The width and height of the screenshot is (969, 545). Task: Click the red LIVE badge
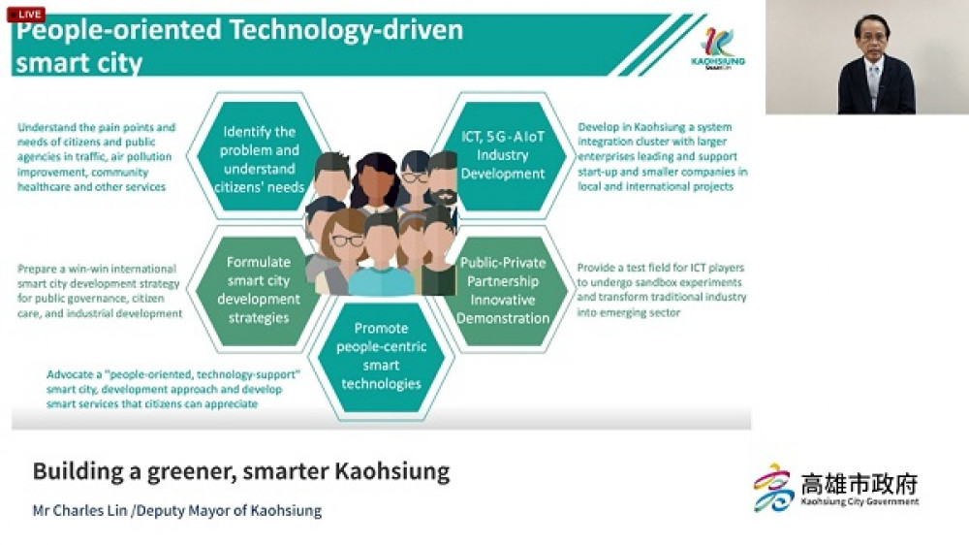[26, 15]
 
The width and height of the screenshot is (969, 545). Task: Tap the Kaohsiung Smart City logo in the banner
[717, 48]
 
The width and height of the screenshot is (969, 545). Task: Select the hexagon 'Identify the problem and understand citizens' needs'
[259, 157]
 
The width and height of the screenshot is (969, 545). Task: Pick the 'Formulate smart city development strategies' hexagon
[259, 290]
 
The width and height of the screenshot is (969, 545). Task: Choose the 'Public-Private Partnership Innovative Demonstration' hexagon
[503, 290]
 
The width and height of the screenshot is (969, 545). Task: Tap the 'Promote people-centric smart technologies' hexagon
[381, 356]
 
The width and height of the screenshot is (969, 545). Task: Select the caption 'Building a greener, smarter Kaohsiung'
[241, 471]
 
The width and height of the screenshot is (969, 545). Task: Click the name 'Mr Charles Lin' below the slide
[79, 511]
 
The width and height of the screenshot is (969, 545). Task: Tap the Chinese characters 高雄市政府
[859, 484]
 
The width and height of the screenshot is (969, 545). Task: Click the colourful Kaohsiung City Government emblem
[773, 488]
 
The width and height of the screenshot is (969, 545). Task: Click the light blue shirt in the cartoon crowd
[381, 281]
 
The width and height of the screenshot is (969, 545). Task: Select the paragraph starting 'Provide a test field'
[661, 290]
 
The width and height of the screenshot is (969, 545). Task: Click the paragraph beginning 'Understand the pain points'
[96, 157]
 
